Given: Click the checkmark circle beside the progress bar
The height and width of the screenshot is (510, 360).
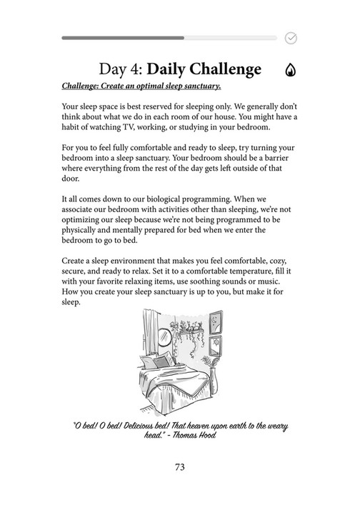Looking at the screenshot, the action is pos(291,38).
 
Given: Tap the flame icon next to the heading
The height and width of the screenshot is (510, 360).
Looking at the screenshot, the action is pos(291,70).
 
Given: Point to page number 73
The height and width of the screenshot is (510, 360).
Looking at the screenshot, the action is pos(180,467).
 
